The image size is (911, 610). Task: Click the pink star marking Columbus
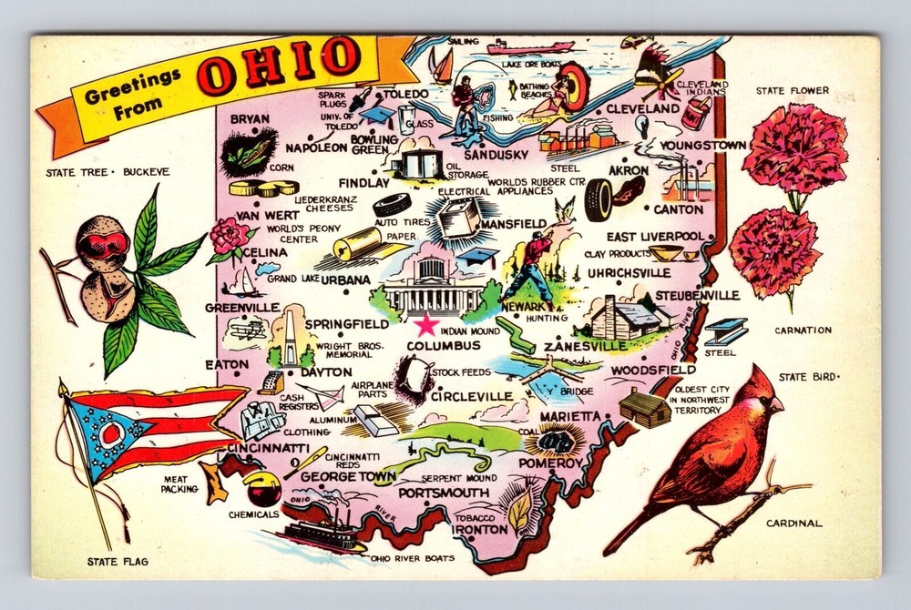pos(425,325)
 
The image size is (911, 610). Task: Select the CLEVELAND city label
pos(643,109)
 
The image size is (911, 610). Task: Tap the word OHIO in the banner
pos(278,63)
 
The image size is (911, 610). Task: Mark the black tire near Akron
pos(599,199)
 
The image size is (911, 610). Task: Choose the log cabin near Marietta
pos(644,407)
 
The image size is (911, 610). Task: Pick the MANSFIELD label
pos(513,223)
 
